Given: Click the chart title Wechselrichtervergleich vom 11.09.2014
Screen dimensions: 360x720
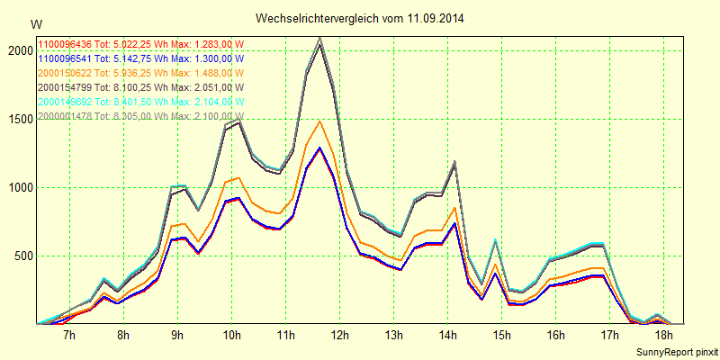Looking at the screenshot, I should [360, 18].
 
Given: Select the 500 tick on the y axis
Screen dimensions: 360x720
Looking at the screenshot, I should [22, 256].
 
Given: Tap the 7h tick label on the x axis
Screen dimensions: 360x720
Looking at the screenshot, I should [70, 336].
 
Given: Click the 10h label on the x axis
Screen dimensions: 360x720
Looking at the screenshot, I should [232, 336].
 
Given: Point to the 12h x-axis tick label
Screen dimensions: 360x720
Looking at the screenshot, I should [340, 336].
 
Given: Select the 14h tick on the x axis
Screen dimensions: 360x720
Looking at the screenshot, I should [448, 336].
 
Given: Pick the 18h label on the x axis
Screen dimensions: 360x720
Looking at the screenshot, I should [664, 336].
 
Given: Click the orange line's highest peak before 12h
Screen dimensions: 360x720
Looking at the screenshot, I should [319, 121].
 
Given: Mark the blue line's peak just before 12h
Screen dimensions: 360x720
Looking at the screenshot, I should [320, 147].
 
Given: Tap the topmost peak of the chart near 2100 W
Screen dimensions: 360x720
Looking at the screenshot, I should [319, 38].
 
